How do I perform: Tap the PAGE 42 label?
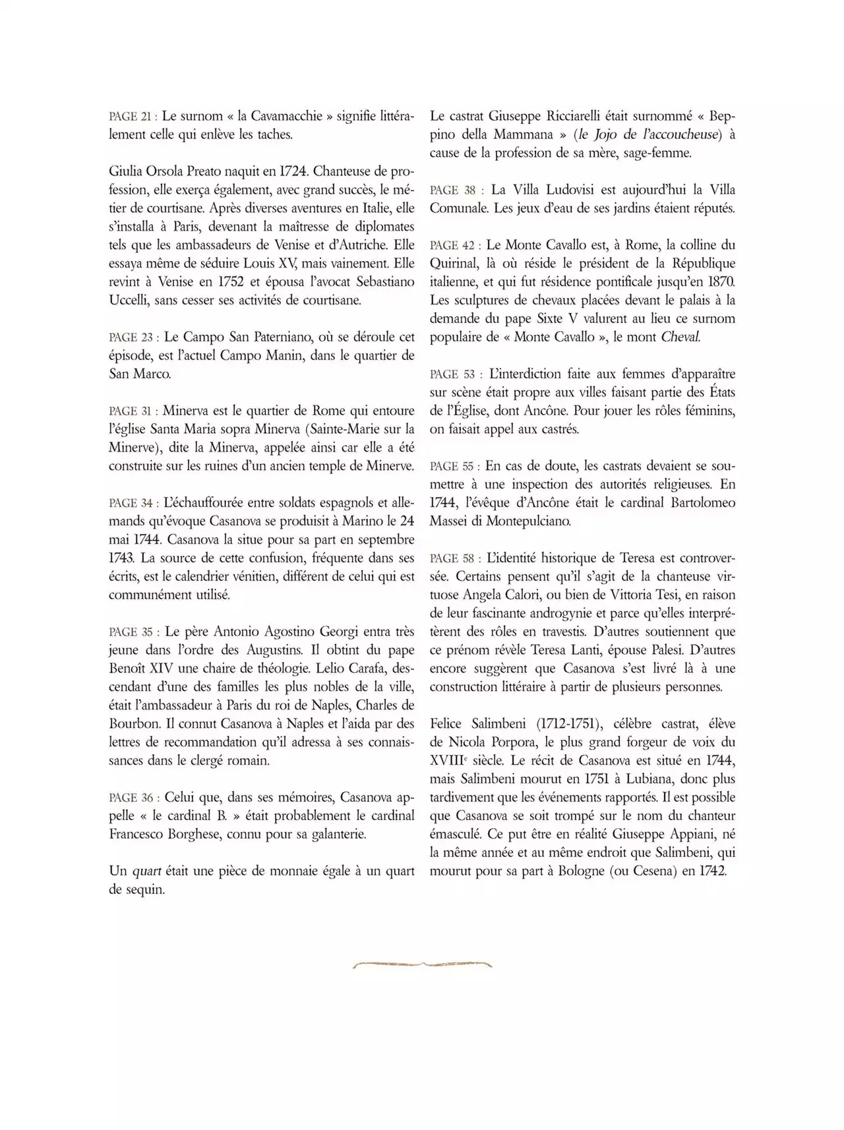click(x=452, y=245)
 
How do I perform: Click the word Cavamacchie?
click(x=290, y=116)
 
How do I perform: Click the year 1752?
click(x=224, y=282)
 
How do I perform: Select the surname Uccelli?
click(x=129, y=301)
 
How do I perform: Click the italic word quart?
click(x=147, y=871)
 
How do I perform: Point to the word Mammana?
click(x=524, y=134)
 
